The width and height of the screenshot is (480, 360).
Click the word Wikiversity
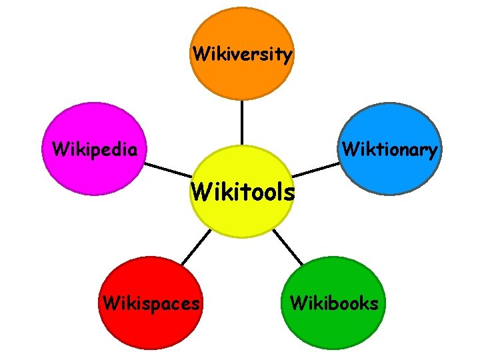pos(242,53)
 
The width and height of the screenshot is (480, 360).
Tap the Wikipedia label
pos(95,147)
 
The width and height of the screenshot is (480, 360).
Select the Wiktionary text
pos(390,149)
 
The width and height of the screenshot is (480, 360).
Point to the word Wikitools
pos(242,192)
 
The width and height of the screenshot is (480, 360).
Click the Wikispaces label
pos(151,303)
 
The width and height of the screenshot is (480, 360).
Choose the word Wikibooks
pos(334,303)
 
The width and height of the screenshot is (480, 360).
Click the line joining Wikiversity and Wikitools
pos(242,123)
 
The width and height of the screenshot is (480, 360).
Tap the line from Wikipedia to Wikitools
pos(167,170)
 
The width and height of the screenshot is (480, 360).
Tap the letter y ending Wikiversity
pos(287,55)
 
